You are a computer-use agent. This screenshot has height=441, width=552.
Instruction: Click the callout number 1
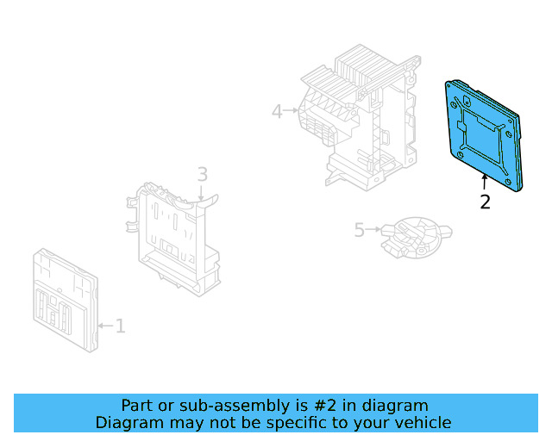tap(121, 326)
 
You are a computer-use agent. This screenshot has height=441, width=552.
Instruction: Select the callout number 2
tap(485, 202)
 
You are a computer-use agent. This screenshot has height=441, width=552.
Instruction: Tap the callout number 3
tap(202, 175)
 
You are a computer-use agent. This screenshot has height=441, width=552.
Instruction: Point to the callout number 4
tap(277, 111)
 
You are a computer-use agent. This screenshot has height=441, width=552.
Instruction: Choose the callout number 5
tap(360, 230)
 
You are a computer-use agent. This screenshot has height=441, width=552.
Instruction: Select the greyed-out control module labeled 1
tap(65, 297)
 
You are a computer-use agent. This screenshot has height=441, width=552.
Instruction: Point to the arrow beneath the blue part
tap(485, 181)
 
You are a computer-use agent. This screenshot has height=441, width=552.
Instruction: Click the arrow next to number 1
tap(105, 326)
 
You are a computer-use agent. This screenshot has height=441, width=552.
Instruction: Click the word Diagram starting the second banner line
tap(128, 423)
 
